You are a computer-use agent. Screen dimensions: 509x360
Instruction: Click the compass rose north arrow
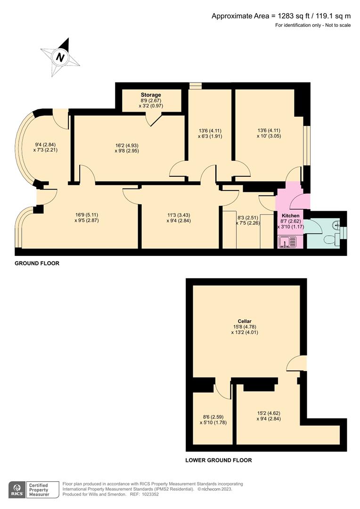tap(60, 57)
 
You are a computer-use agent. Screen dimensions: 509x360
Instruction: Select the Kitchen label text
tap(291, 215)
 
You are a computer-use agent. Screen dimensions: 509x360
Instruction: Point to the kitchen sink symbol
tap(286, 242)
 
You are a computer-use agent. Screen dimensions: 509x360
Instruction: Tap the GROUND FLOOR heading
tap(37, 263)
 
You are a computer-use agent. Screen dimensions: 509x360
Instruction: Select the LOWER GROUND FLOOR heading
tap(219, 460)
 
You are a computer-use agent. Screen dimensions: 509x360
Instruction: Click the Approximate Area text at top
tap(281, 16)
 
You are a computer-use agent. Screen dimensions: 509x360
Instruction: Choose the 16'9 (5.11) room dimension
tap(87, 215)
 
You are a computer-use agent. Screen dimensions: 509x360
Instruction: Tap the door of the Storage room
tap(153, 120)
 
